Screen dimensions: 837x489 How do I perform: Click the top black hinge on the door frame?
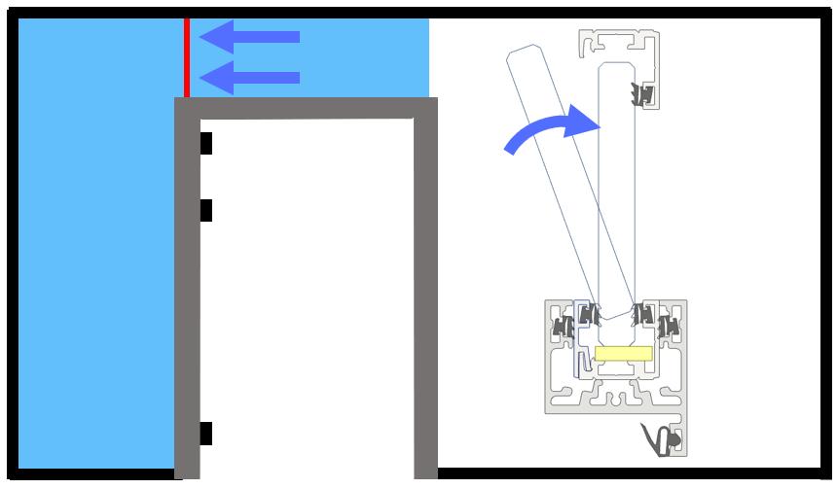pyautogui.click(x=205, y=143)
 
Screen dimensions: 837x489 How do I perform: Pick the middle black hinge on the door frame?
pyautogui.click(x=205, y=210)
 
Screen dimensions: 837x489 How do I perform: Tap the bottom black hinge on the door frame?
pyautogui.click(x=205, y=434)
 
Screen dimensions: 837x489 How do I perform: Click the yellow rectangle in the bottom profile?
pyautogui.click(x=623, y=354)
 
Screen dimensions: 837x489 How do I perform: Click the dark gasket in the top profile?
pyautogui.click(x=642, y=94)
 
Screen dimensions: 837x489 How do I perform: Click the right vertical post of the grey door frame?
pyautogui.click(x=425, y=292)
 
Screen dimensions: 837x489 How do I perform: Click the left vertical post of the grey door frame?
pyautogui.click(x=187, y=292)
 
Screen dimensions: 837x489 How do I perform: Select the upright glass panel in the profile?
pyautogui.click(x=617, y=194)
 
